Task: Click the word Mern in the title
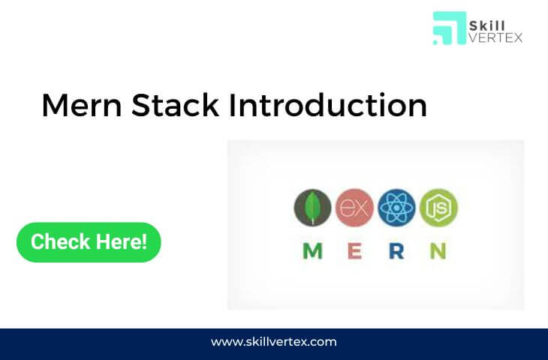tap(82, 105)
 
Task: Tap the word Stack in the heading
tap(175, 105)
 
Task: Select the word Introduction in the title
tap(328, 105)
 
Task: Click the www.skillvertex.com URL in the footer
tap(274, 341)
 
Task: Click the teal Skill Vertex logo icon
tap(450, 28)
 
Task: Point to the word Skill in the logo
tap(487, 25)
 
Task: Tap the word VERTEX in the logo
tap(495, 37)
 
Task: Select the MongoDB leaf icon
tap(312, 208)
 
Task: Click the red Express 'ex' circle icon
tap(354, 208)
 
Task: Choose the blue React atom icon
tap(396, 208)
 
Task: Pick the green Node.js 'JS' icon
tap(438, 208)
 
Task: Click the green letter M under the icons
tap(312, 251)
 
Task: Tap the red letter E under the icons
tap(355, 251)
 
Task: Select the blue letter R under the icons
tap(396, 251)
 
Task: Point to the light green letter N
tap(438, 251)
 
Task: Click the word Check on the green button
tap(61, 241)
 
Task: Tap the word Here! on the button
tap(122, 241)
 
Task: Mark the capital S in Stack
tap(140, 105)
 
